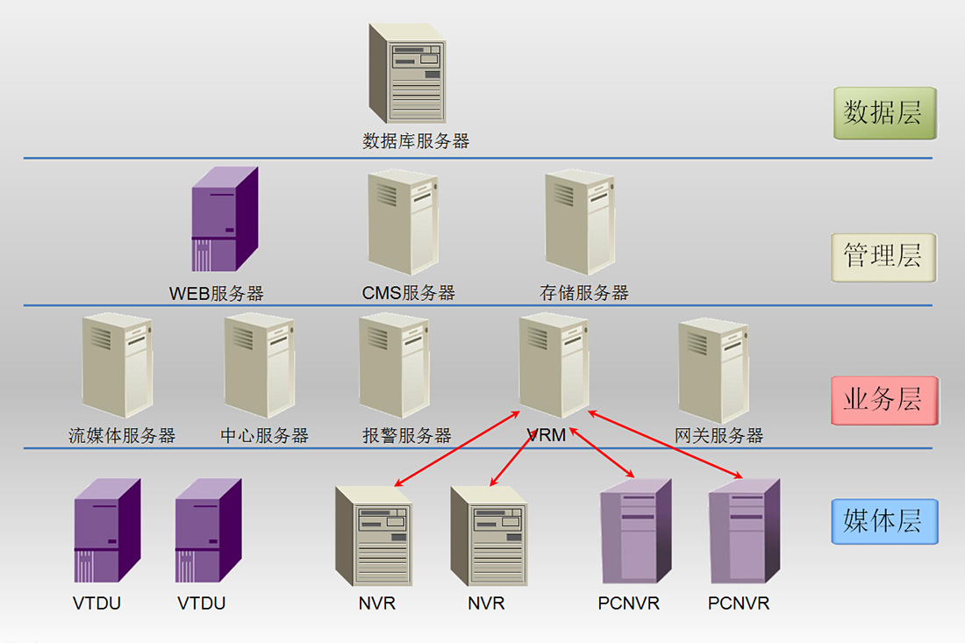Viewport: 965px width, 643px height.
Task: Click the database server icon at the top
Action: point(407,74)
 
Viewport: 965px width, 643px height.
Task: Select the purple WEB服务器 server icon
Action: point(225,219)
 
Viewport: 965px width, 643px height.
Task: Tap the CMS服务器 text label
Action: point(409,293)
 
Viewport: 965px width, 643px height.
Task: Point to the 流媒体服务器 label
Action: point(122,436)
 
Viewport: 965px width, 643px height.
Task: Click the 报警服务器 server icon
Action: point(393,365)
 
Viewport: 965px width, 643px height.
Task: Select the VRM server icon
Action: point(553,365)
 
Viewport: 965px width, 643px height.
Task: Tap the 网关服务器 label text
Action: point(719,436)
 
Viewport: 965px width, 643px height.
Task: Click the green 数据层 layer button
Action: point(883,113)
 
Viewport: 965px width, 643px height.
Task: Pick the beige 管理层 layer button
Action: point(883,257)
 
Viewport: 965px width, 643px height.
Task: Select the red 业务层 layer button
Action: point(883,400)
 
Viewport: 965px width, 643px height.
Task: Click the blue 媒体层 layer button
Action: point(883,521)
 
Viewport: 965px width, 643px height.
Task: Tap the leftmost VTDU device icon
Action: point(107,531)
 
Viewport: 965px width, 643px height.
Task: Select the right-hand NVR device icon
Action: point(489,536)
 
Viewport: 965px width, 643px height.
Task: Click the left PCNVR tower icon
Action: point(635,532)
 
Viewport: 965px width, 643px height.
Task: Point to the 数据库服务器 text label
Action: point(416,141)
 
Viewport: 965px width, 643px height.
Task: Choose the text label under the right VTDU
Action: point(202,604)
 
